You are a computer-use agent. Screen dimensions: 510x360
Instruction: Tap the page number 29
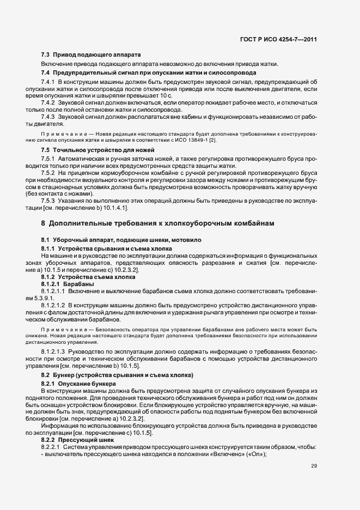pos(314,466)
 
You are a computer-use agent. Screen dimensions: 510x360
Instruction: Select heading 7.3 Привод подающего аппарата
pos(91,56)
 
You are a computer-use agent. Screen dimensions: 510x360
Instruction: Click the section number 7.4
pos(46,73)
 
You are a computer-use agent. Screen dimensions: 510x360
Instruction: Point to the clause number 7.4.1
pos(48,82)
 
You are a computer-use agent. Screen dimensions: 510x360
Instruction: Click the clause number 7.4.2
pos(48,102)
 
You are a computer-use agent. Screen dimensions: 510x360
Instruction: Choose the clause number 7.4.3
pos(48,117)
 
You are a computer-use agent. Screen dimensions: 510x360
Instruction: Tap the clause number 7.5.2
pos(48,172)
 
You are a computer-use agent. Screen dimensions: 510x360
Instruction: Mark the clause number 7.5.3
pos(48,200)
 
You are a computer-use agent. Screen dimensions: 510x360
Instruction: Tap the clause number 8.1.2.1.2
pos(53,306)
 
